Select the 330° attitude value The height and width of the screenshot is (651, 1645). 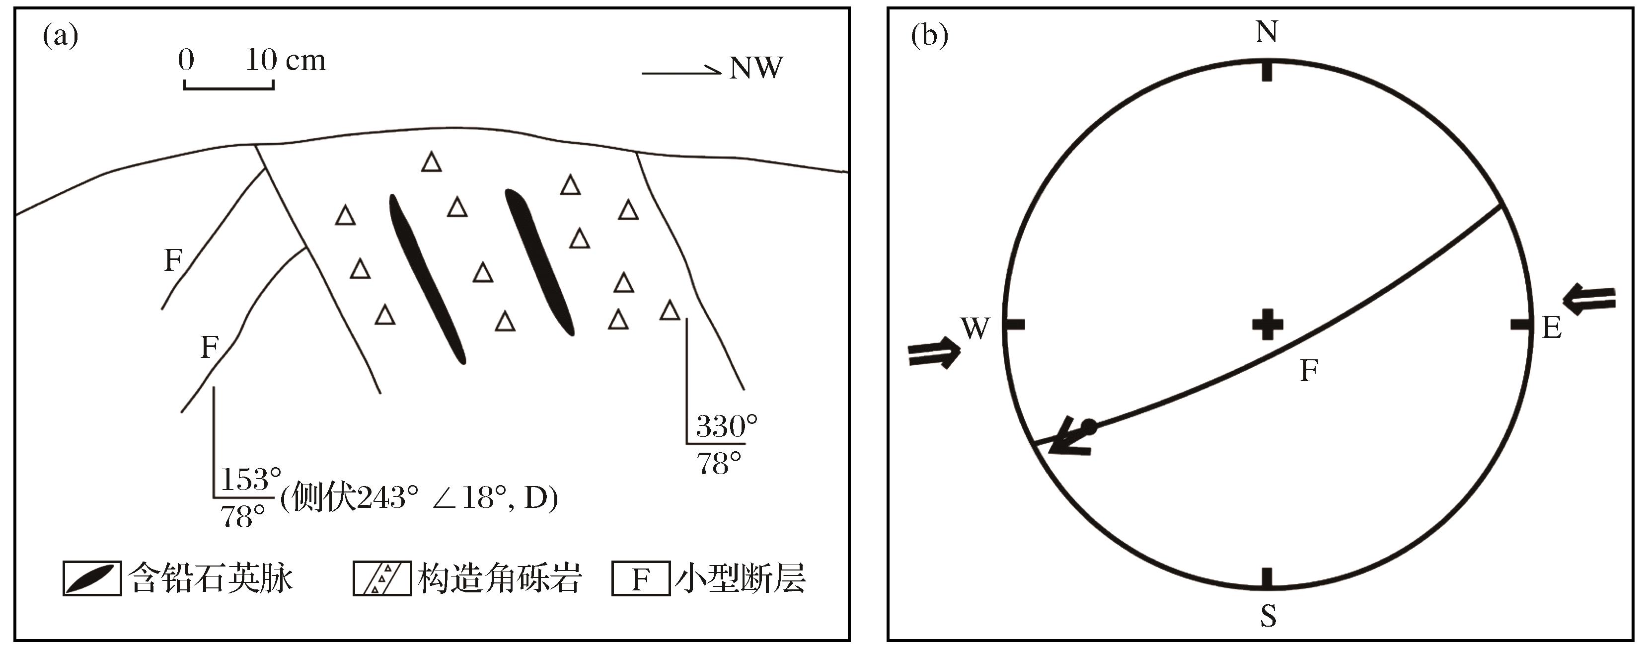click(x=726, y=426)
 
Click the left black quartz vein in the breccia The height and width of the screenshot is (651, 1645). click(x=427, y=279)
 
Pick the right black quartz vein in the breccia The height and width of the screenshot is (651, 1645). click(x=539, y=261)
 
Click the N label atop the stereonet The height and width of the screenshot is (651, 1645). click(x=1267, y=32)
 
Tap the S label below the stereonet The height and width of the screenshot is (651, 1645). click(x=1268, y=616)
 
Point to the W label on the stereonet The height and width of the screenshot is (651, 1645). click(x=975, y=328)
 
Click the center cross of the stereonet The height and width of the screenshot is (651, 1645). click(x=1267, y=325)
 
